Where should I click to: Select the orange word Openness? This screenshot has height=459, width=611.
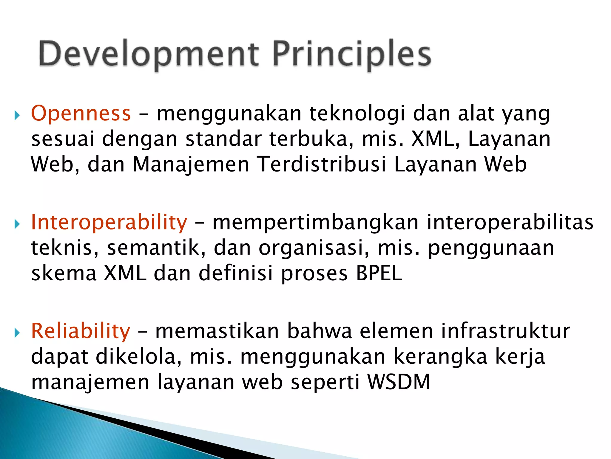81,114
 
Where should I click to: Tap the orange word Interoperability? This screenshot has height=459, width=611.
109,223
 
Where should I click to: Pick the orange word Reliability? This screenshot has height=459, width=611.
81,331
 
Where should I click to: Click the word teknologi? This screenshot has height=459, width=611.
357,114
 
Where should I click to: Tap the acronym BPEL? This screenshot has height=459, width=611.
379,273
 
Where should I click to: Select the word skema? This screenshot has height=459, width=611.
64,273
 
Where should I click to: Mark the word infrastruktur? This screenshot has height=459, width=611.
505,331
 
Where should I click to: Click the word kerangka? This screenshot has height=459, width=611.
440,357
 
